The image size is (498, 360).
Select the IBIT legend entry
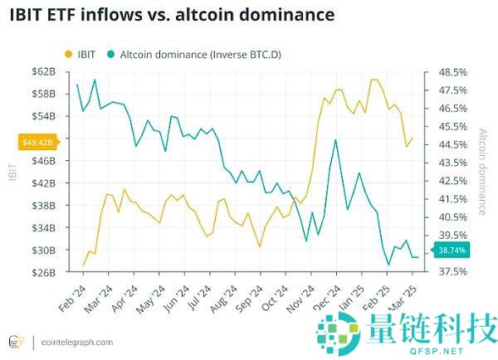(81, 55)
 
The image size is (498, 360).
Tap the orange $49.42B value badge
(38, 142)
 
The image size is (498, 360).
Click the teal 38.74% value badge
(452, 249)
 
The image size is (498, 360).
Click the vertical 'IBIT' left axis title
(12, 172)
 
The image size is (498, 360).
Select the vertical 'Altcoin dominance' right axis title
(484, 172)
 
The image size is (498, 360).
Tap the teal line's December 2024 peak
(335, 139)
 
